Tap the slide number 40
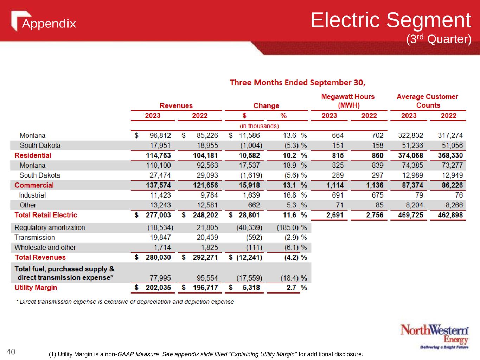[x=11, y=352]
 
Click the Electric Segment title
[x=390, y=20]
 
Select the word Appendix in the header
[x=49, y=24]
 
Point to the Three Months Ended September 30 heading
[x=297, y=83]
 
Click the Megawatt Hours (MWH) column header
[x=348, y=101]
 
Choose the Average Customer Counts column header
[x=427, y=101]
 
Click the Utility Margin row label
[x=36, y=288]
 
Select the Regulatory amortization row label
[x=50, y=227]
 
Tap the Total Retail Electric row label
[x=46, y=215]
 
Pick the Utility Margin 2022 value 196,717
[x=205, y=288]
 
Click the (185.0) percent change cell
[x=288, y=227]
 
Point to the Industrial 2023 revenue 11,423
[x=160, y=195]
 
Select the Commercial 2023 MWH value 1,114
[x=335, y=185]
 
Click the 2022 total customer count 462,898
[x=450, y=215]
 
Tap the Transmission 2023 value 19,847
[x=160, y=237]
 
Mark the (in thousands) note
[x=259, y=126]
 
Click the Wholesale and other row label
[x=45, y=247]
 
